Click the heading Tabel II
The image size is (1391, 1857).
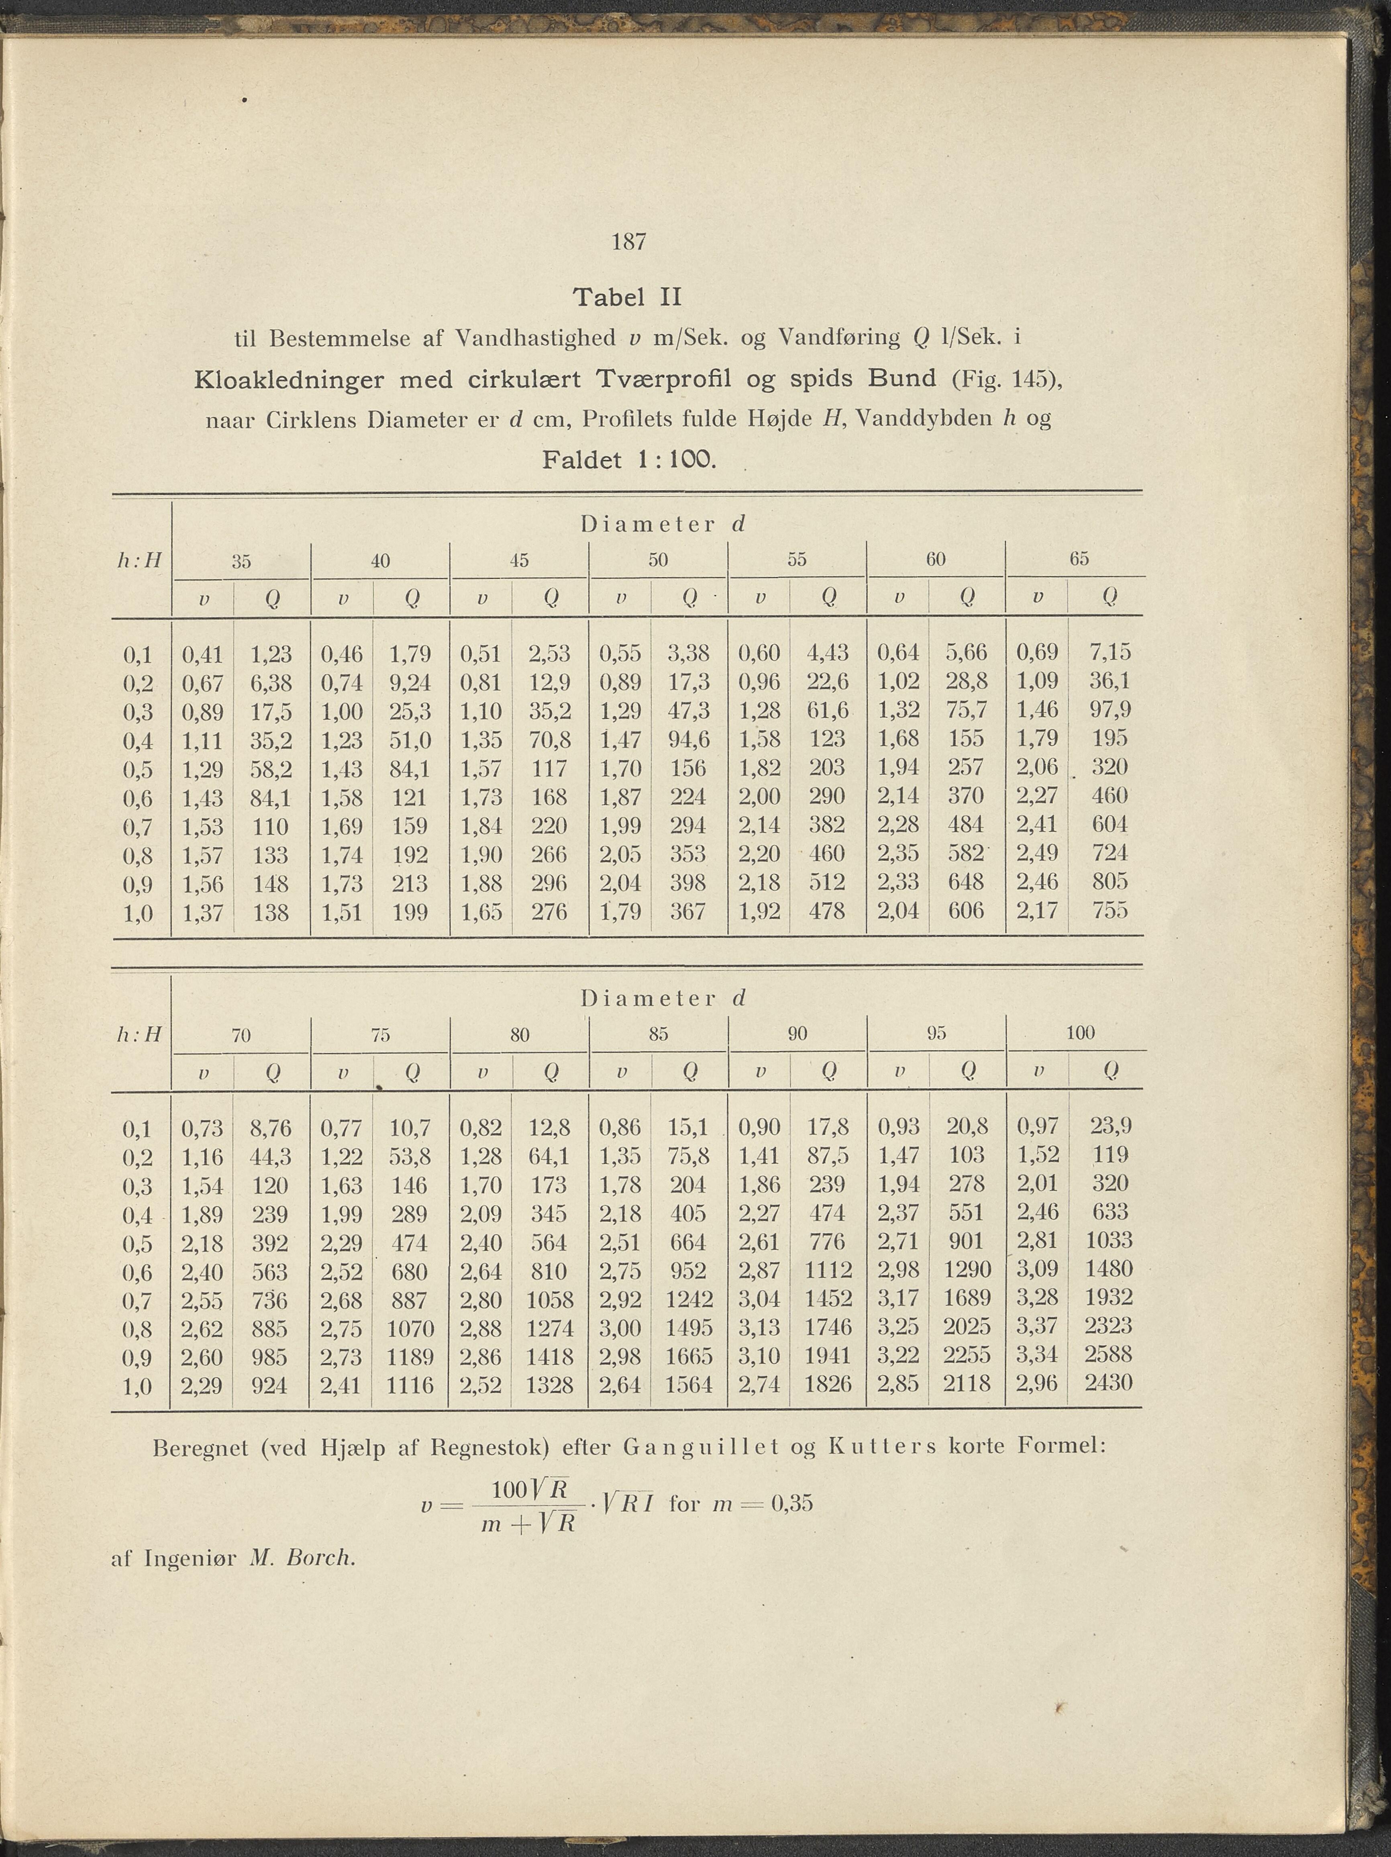pyautogui.click(x=627, y=297)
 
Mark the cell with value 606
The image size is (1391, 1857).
pyautogui.click(x=966, y=911)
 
